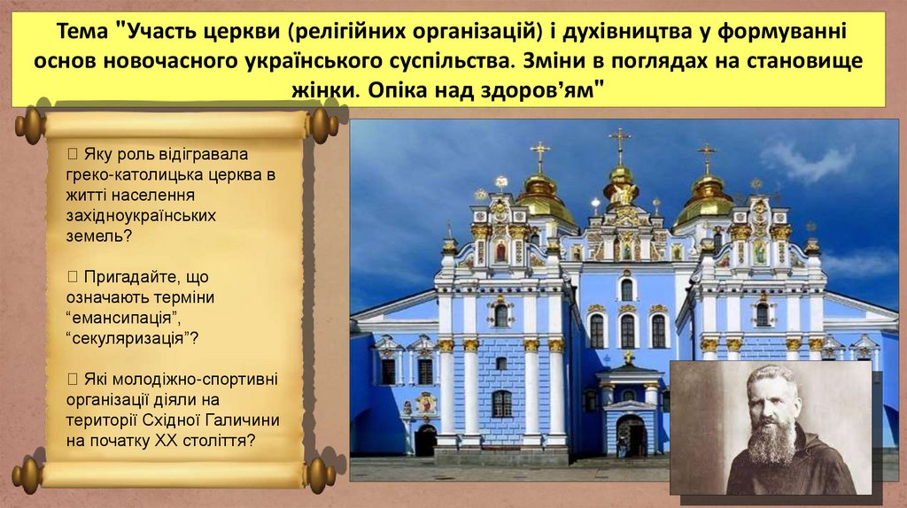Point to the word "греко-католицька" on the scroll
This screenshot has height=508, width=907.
pos(128,175)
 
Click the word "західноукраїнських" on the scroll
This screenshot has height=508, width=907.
pos(141,216)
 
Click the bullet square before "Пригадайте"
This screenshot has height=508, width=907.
pos(73,276)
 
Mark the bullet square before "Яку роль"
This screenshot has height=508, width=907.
pos(73,154)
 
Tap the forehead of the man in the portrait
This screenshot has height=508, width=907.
pos(769,381)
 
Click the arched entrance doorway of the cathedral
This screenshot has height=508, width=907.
pos(630,435)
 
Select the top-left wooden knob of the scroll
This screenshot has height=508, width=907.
pos(31,125)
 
